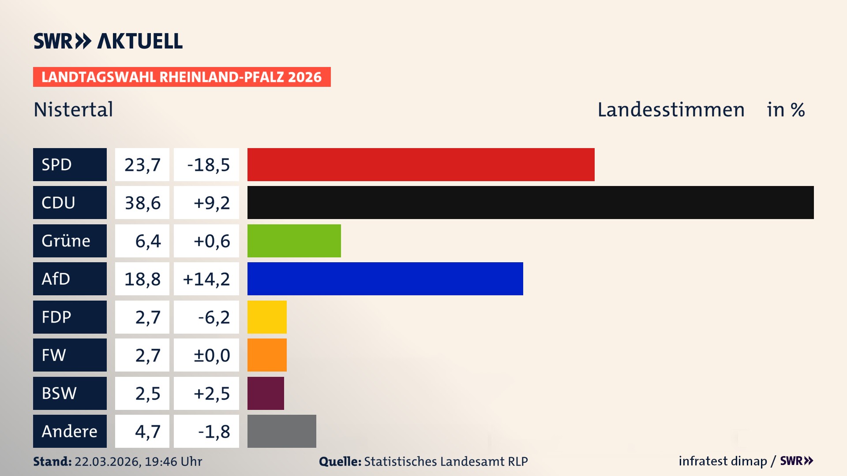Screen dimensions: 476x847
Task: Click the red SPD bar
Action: tap(421, 164)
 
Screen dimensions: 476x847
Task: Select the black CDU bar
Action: tap(530, 202)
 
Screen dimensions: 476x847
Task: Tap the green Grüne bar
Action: tap(294, 241)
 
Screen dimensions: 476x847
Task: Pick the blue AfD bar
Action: tap(385, 279)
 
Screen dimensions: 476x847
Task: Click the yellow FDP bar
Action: tap(267, 317)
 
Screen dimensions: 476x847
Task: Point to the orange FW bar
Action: tap(267, 355)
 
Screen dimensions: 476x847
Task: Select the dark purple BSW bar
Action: tap(266, 393)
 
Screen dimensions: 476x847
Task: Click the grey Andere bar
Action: tap(281, 431)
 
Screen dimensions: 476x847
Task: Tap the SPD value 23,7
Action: tap(142, 165)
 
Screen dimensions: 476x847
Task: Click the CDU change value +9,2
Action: tap(211, 203)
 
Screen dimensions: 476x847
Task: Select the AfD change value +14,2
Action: tap(206, 279)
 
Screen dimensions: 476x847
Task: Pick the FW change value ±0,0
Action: tap(211, 355)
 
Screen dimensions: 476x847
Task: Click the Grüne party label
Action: tap(66, 241)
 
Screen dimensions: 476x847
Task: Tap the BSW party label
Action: tap(59, 393)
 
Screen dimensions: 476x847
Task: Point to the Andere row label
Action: tap(69, 431)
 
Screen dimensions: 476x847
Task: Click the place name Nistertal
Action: tap(73, 109)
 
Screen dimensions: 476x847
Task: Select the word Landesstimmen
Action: tap(671, 109)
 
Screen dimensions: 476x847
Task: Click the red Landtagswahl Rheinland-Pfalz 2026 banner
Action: tap(182, 77)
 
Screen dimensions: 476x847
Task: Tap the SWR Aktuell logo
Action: tap(108, 41)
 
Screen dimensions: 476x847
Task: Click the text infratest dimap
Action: tap(723, 461)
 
